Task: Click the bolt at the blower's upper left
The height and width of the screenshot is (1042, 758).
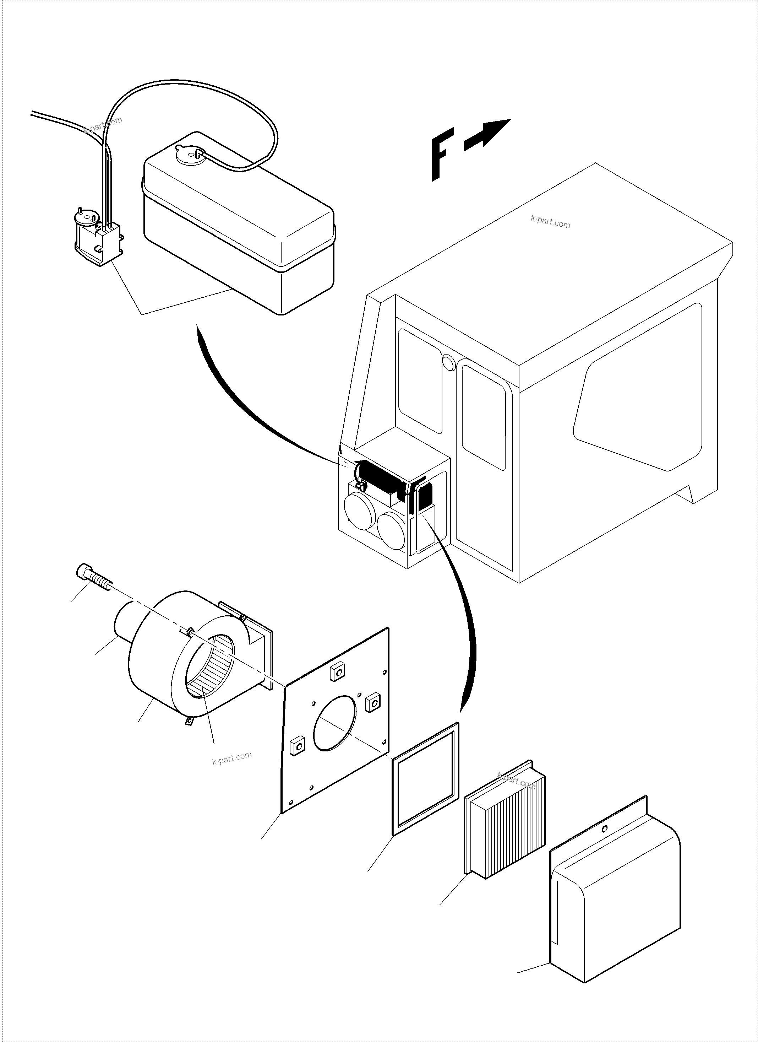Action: coord(92,577)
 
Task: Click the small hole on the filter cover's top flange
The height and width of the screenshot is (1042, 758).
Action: coord(605,829)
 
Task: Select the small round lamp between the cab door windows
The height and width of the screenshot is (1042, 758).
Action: coord(448,363)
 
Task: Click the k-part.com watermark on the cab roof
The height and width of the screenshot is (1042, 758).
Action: coord(550,223)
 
